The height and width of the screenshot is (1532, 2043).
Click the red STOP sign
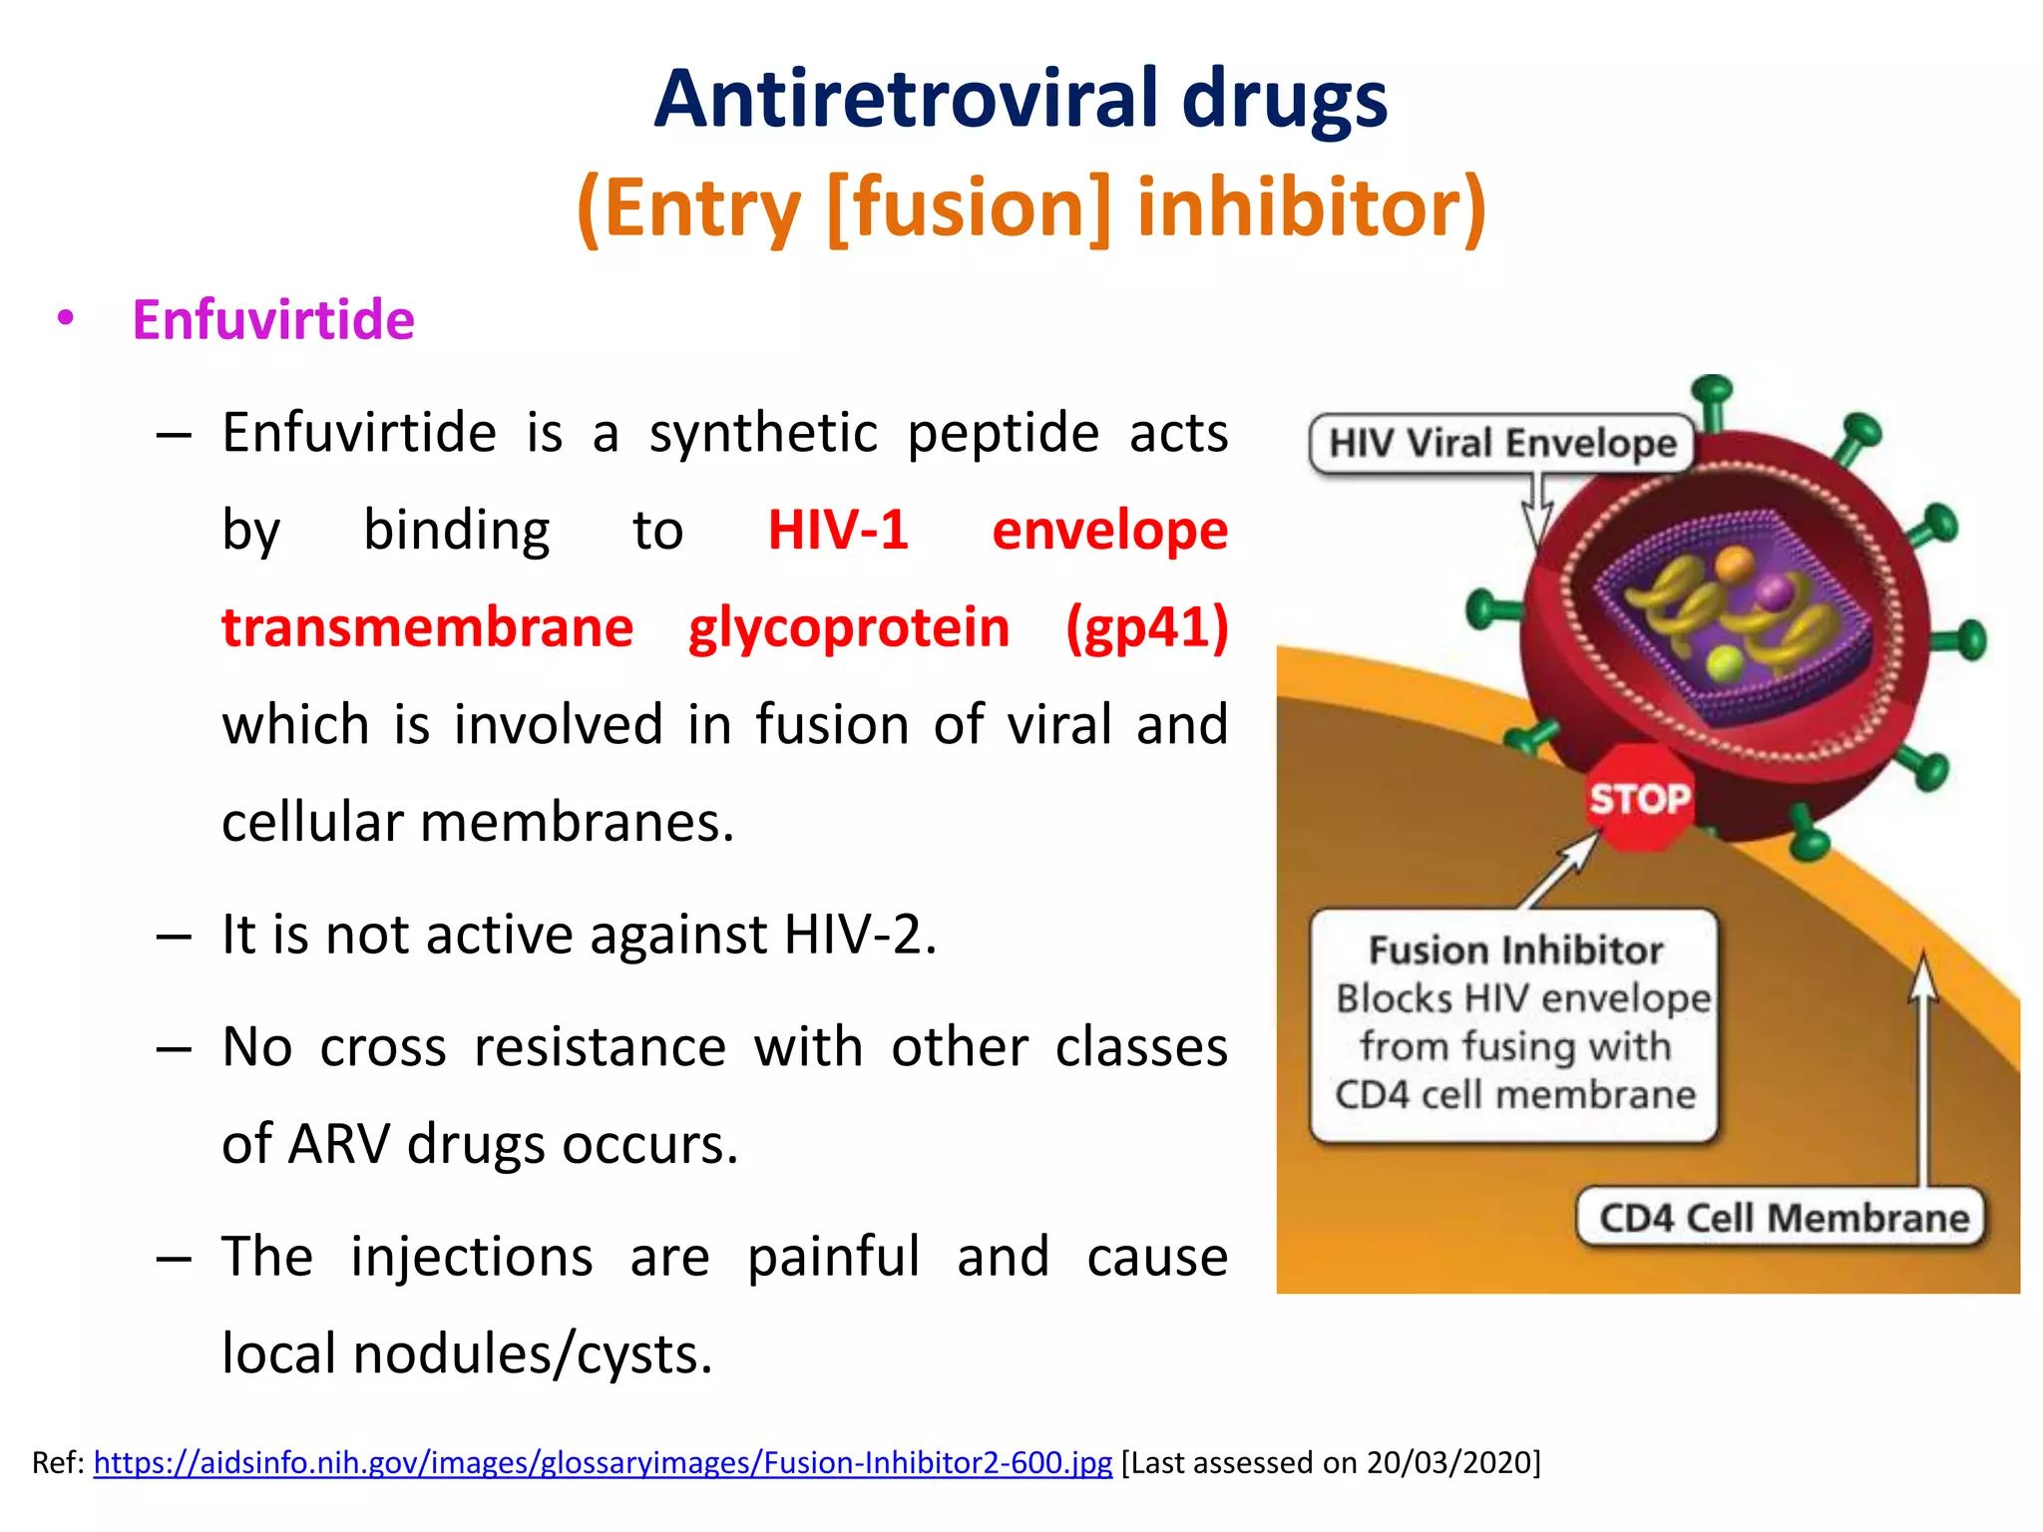click(x=1639, y=798)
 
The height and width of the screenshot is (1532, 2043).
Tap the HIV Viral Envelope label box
click(x=1501, y=443)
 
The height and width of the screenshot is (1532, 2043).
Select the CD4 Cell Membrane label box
click(x=1783, y=1218)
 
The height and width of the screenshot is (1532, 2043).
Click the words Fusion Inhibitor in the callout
click(x=1515, y=951)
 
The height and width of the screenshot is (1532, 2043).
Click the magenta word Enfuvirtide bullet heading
click(x=273, y=320)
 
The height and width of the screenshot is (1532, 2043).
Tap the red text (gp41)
click(x=1146, y=627)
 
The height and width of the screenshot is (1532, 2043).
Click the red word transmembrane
click(x=427, y=627)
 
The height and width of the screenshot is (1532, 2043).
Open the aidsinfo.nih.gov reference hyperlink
click(x=603, y=1462)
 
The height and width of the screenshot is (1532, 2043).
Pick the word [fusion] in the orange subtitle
click(x=968, y=207)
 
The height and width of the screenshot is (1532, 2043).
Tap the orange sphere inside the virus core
click(x=1735, y=563)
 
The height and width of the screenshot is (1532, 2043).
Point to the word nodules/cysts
click(x=533, y=1353)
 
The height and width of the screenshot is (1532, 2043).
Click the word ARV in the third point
click(x=338, y=1143)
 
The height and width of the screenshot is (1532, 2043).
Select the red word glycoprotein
click(x=849, y=627)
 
